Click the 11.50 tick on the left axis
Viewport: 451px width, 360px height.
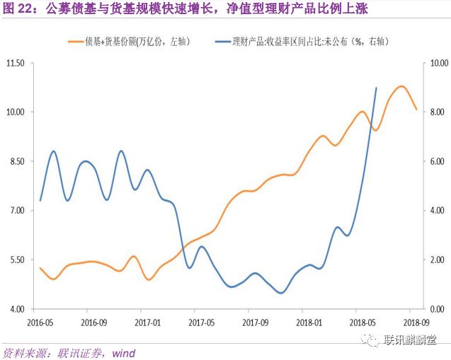tap(15, 63)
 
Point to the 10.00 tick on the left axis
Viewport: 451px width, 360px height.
tap(15, 112)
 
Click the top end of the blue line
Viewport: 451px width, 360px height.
tap(376, 88)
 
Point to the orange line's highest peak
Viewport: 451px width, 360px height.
tap(401, 86)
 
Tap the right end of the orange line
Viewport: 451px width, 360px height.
tap(416, 110)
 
